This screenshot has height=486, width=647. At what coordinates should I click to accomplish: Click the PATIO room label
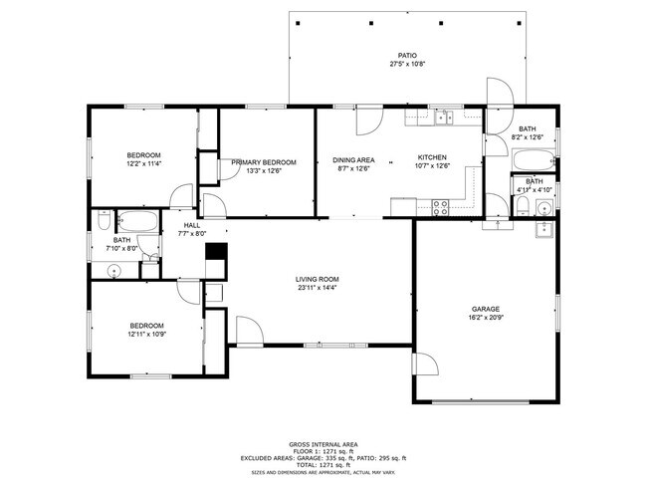407,56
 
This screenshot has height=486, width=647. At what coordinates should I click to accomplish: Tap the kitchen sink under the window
443,119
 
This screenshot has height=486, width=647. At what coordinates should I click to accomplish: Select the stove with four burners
438,206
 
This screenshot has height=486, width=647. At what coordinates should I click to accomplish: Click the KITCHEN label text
432,157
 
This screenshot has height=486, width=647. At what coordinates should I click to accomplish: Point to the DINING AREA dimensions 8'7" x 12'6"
353,168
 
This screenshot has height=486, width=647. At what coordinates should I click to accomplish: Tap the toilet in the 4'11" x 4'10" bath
522,206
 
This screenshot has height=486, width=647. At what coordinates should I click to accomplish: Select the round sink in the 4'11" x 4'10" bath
543,208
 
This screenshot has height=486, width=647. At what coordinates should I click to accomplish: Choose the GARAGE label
486,309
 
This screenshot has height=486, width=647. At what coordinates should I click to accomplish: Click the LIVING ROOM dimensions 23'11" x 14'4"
317,289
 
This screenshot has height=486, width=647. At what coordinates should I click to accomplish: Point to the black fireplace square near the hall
216,254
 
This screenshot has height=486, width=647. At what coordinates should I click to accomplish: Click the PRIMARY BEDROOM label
264,162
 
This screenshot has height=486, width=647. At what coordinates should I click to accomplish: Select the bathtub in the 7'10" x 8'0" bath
133,221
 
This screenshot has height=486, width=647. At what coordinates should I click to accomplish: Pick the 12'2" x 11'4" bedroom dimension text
143,164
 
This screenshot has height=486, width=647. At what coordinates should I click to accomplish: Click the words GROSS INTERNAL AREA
323,443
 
